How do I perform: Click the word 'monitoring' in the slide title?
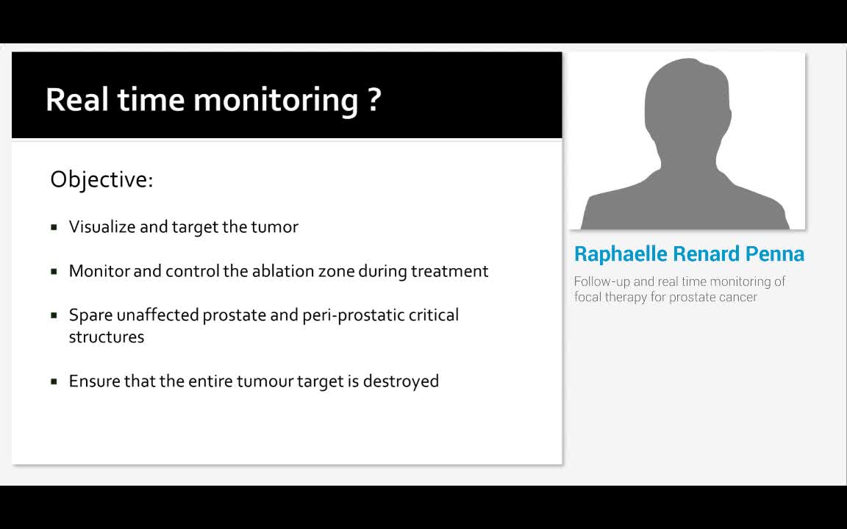coord(276,100)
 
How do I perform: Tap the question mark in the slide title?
coord(374,98)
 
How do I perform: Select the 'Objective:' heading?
coord(101,179)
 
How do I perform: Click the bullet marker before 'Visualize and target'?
coord(54,227)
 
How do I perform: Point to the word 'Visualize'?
coord(102,227)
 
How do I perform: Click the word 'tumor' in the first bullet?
coord(274,227)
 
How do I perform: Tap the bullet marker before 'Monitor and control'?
coord(54,271)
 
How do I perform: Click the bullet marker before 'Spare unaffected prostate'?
coord(54,315)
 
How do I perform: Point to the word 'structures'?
coord(106,337)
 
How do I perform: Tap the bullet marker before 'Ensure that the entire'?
coord(54,381)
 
